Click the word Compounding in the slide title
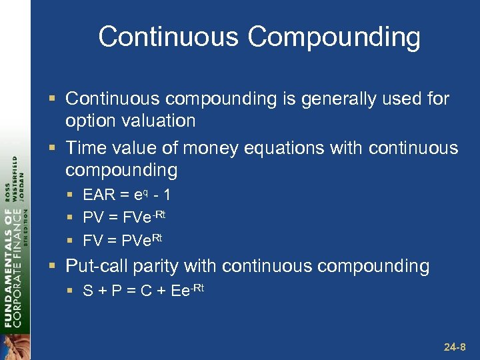tap(334, 37)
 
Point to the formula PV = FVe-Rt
tap(124, 217)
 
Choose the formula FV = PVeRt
tap(123, 238)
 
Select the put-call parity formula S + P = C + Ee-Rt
tap(143, 290)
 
